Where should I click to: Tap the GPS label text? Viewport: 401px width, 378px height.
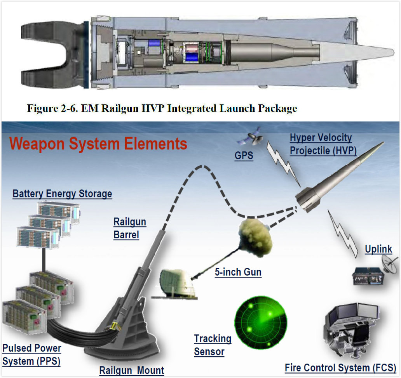point(244,156)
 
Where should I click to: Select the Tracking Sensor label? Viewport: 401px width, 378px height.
point(212,345)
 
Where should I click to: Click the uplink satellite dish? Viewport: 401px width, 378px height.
point(389,264)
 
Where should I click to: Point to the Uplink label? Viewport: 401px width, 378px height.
point(378,250)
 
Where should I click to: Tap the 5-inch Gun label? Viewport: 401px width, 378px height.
point(238,272)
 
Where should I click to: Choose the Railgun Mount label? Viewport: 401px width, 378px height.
point(131,370)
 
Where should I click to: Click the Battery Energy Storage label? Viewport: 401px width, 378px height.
point(62,194)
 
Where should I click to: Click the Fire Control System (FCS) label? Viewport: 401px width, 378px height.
point(340,368)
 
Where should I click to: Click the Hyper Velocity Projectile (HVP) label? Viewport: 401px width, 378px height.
point(323,144)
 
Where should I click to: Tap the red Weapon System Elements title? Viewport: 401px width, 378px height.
point(98,144)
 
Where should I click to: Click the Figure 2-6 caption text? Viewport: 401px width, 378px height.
point(162,108)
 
